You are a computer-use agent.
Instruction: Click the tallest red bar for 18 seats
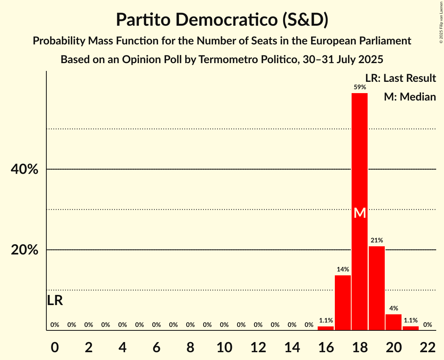click(359, 164)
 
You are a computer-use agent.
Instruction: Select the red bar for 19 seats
click(377, 288)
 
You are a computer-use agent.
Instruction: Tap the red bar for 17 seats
click(343, 303)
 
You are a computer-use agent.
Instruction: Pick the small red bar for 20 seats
click(393, 322)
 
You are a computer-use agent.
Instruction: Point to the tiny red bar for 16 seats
click(325, 328)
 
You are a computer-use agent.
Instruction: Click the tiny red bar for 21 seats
click(410, 328)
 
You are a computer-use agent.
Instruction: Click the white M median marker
click(360, 213)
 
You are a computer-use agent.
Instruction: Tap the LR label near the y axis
click(55, 300)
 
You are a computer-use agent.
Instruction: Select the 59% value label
click(360, 87)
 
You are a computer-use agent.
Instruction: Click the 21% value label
click(377, 240)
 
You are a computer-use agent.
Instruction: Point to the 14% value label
click(343, 269)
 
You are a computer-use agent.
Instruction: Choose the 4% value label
click(393, 308)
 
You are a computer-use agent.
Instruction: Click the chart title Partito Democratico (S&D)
click(222, 20)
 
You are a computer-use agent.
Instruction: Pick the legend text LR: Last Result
click(400, 78)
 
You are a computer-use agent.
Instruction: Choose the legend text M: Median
click(410, 97)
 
